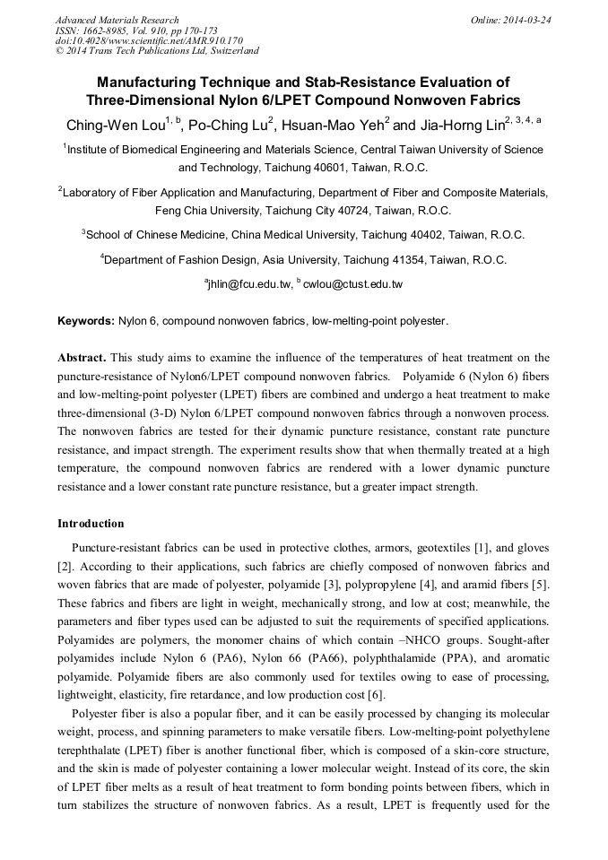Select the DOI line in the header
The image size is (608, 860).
coord(149,40)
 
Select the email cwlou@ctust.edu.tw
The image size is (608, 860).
coord(355,284)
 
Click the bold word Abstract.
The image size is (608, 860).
coord(83,356)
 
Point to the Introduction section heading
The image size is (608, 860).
coord(91,524)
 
